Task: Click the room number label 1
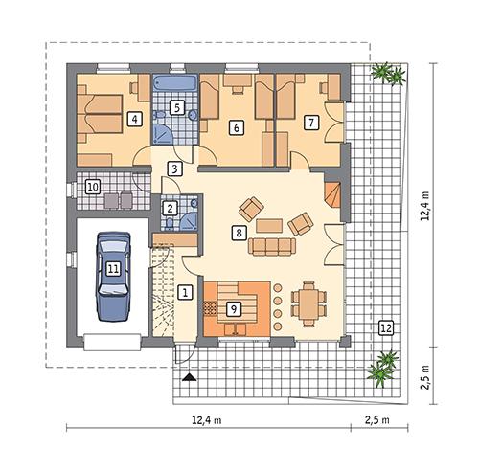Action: [187, 291]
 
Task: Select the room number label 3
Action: [174, 169]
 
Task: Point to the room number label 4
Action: [135, 120]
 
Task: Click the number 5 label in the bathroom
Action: [176, 107]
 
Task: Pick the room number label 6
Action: [235, 126]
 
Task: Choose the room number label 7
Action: [309, 123]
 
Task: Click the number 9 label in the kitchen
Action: [233, 308]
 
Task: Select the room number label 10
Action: [93, 186]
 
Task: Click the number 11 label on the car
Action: [113, 269]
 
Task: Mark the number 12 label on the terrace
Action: [385, 327]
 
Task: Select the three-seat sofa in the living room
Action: [271, 247]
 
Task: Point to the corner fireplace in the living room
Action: [331, 196]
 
